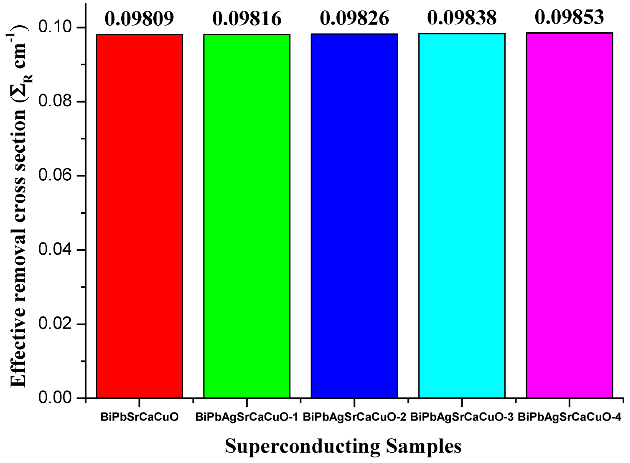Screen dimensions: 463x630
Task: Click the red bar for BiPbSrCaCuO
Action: coord(139,216)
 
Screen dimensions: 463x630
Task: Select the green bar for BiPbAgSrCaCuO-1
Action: coord(247,216)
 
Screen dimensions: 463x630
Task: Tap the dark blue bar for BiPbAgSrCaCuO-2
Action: coord(354,216)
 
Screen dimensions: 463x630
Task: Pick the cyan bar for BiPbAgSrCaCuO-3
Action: coord(462,216)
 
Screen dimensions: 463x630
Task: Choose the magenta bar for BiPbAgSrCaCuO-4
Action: coord(569,216)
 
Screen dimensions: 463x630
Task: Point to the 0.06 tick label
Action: coord(55,176)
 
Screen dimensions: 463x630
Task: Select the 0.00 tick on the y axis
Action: coord(55,398)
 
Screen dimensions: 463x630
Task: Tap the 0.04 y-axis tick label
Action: coord(55,250)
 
